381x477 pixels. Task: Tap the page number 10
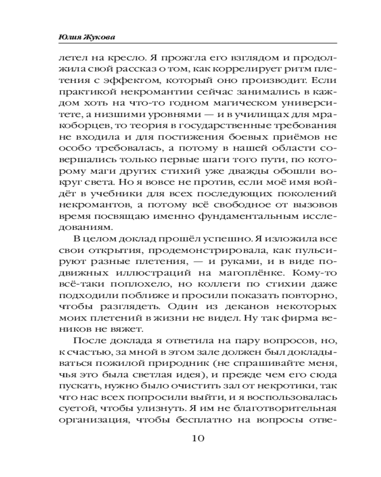click(x=190, y=438)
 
